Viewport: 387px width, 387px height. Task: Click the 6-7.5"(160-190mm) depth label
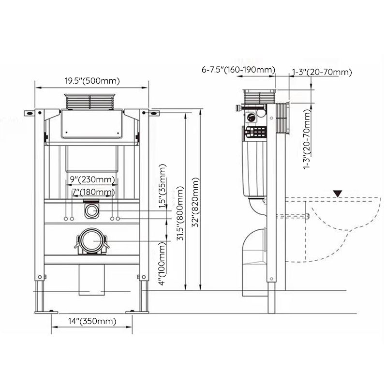tap(238, 70)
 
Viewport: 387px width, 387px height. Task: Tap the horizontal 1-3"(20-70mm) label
tap(322, 72)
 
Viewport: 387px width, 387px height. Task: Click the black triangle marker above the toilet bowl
tap(338, 193)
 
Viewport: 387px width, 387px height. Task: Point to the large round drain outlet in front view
tap(91, 240)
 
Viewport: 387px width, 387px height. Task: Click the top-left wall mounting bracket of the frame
tap(31, 113)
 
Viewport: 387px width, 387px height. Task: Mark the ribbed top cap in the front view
tap(91, 101)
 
